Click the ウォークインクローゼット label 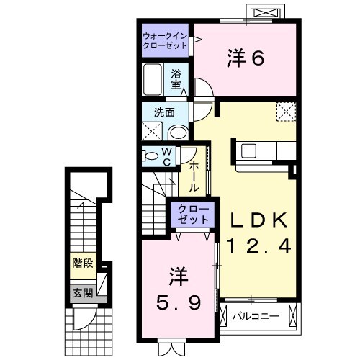point(165,39)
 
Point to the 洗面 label point(163,112)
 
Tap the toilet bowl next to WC point(151,156)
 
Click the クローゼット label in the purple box point(192,214)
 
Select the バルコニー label point(256,315)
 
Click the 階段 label point(82,263)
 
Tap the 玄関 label point(82,293)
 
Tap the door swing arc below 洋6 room point(202,90)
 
